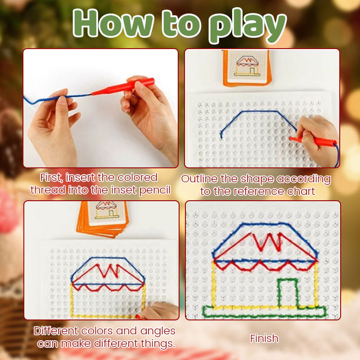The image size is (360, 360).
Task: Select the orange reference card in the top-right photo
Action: [x=246, y=67]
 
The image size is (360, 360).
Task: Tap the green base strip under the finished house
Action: [x=264, y=310]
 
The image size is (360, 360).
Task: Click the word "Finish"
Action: [x=264, y=338]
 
